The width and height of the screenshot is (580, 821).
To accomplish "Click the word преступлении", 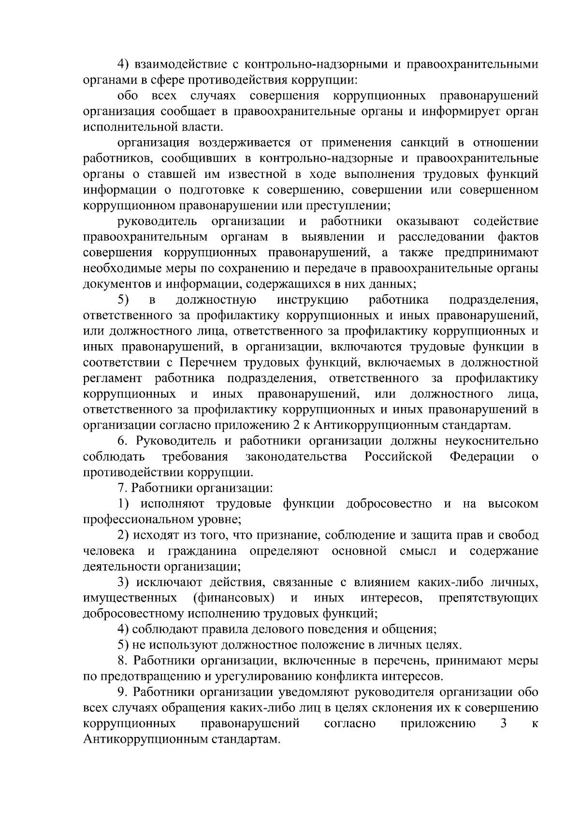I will point(349,205).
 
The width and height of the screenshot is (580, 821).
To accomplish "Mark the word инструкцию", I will point(313,300).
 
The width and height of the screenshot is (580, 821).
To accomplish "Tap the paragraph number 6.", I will point(122,441).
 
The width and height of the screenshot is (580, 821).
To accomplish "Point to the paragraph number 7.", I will point(122,488).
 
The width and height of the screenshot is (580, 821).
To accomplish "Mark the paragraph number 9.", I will point(122,692).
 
